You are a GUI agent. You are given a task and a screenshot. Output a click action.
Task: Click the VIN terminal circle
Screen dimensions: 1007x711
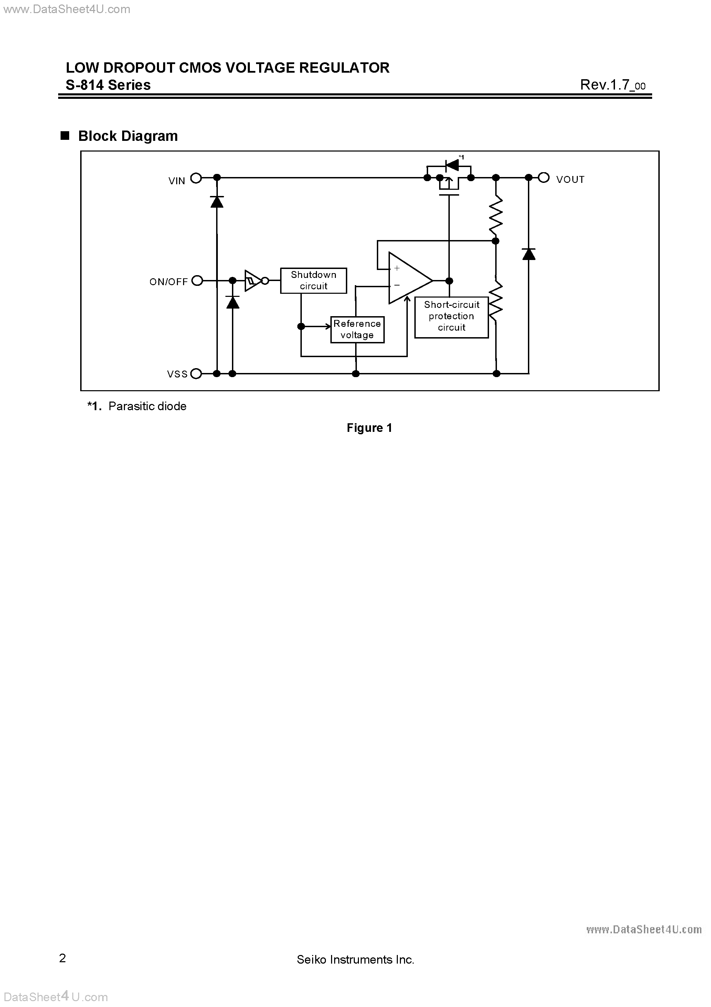click(x=196, y=178)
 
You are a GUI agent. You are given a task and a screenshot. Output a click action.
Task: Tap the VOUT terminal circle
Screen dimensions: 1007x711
click(x=543, y=178)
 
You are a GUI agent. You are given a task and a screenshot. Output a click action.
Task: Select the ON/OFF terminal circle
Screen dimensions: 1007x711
click(x=197, y=281)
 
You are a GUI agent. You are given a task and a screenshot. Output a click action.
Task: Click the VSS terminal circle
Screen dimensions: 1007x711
click(x=196, y=374)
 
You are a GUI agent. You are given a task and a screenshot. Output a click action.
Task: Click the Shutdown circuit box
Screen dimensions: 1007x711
click(x=314, y=281)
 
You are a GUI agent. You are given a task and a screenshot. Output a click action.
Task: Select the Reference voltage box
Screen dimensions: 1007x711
click(x=357, y=329)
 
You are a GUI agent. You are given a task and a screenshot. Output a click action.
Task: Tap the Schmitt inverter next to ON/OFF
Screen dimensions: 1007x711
click(x=253, y=281)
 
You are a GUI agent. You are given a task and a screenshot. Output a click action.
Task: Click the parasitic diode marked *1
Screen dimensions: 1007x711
click(x=452, y=165)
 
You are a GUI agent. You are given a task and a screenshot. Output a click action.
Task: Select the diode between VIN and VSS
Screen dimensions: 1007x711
click(x=216, y=202)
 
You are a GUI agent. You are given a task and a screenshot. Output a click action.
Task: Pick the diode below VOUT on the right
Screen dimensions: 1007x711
click(x=529, y=254)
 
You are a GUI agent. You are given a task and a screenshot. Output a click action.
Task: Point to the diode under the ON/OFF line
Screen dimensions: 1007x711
click(x=232, y=302)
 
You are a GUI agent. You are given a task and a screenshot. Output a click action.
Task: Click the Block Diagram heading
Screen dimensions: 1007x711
click(x=128, y=136)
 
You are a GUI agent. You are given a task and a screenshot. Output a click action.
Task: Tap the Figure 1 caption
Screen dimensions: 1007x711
click(x=369, y=428)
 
